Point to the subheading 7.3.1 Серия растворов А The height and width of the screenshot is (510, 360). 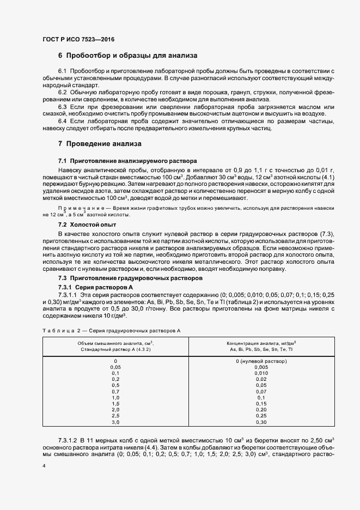(95, 287)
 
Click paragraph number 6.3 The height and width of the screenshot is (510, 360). (62, 107)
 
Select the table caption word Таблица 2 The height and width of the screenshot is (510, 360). (60, 331)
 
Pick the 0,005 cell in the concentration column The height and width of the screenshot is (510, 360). (261, 367)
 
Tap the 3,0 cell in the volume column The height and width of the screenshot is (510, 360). (115, 422)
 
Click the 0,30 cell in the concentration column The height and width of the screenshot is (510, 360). (261, 422)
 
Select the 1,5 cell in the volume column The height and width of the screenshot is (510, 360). (115, 404)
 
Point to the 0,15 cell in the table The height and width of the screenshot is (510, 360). (261, 404)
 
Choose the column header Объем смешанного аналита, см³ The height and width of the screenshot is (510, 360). (115, 343)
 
